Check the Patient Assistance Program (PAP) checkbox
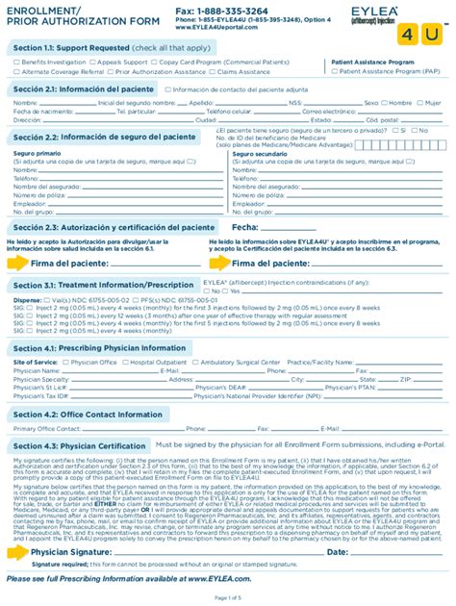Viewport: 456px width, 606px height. [x=335, y=71]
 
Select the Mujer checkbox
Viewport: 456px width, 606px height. [x=418, y=101]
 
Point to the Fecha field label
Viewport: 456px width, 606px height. [x=245, y=228]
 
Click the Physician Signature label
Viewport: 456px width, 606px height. [x=70, y=553]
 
